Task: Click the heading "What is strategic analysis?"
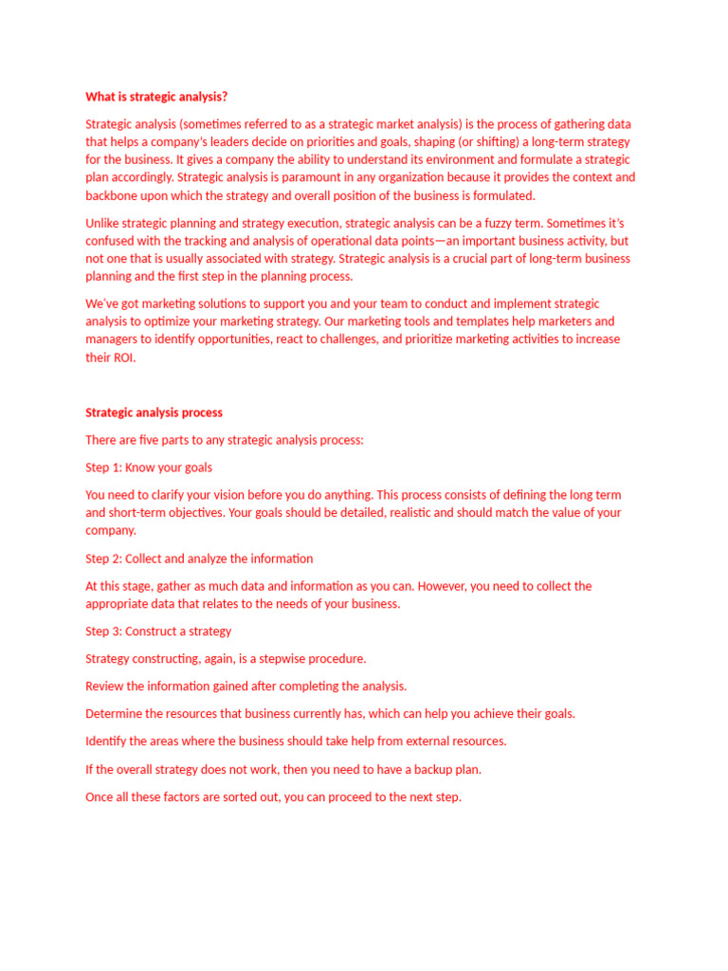(156, 96)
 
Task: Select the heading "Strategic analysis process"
(155, 412)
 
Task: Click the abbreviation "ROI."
(123, 357)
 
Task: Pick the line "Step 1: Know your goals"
(149, 467)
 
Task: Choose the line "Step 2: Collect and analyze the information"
(199, 559)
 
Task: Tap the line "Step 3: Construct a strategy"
(158, 632)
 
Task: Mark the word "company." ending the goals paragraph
(111, 531)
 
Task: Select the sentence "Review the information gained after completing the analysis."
(246, 687)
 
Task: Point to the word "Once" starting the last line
(100, 797)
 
